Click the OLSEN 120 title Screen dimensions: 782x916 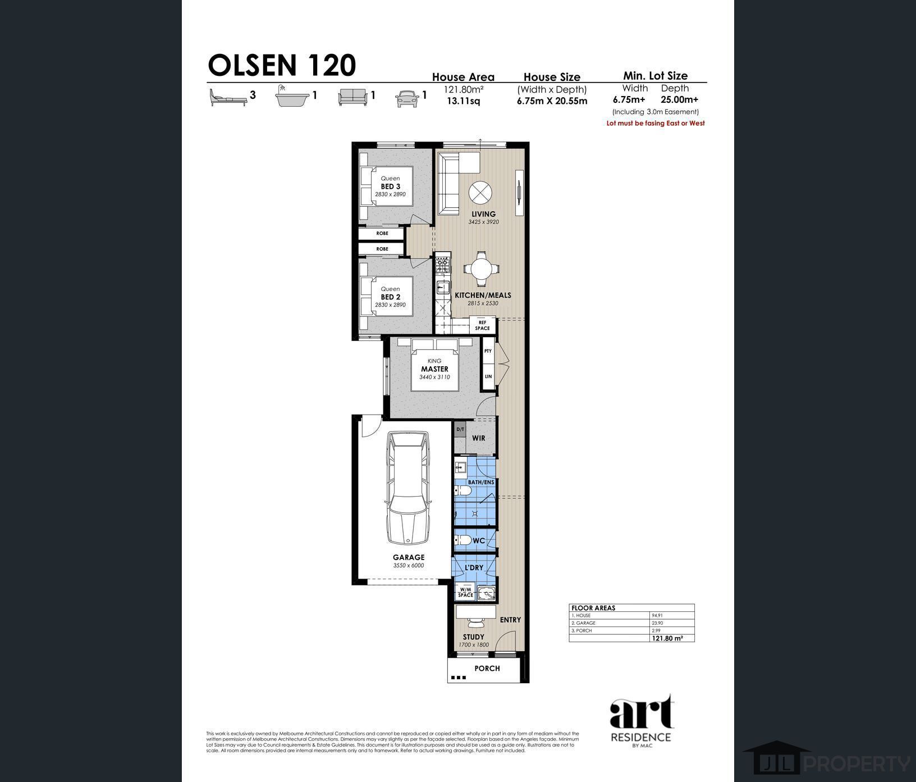282,65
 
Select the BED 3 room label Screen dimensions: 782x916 390,187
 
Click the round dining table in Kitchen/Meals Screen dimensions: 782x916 482,268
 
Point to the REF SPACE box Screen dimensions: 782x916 482,325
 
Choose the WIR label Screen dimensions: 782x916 479,438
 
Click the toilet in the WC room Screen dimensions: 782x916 464,540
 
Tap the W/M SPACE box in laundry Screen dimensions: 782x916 465,593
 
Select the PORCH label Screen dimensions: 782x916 487,669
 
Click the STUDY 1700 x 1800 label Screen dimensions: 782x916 474,640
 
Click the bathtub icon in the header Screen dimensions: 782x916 292,98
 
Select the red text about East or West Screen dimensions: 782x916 656,123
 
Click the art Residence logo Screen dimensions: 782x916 640,721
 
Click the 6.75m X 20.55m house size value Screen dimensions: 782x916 552,101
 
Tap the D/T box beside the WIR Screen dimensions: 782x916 460,430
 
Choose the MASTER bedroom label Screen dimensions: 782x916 434,369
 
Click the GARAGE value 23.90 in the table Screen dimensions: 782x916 657,623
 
